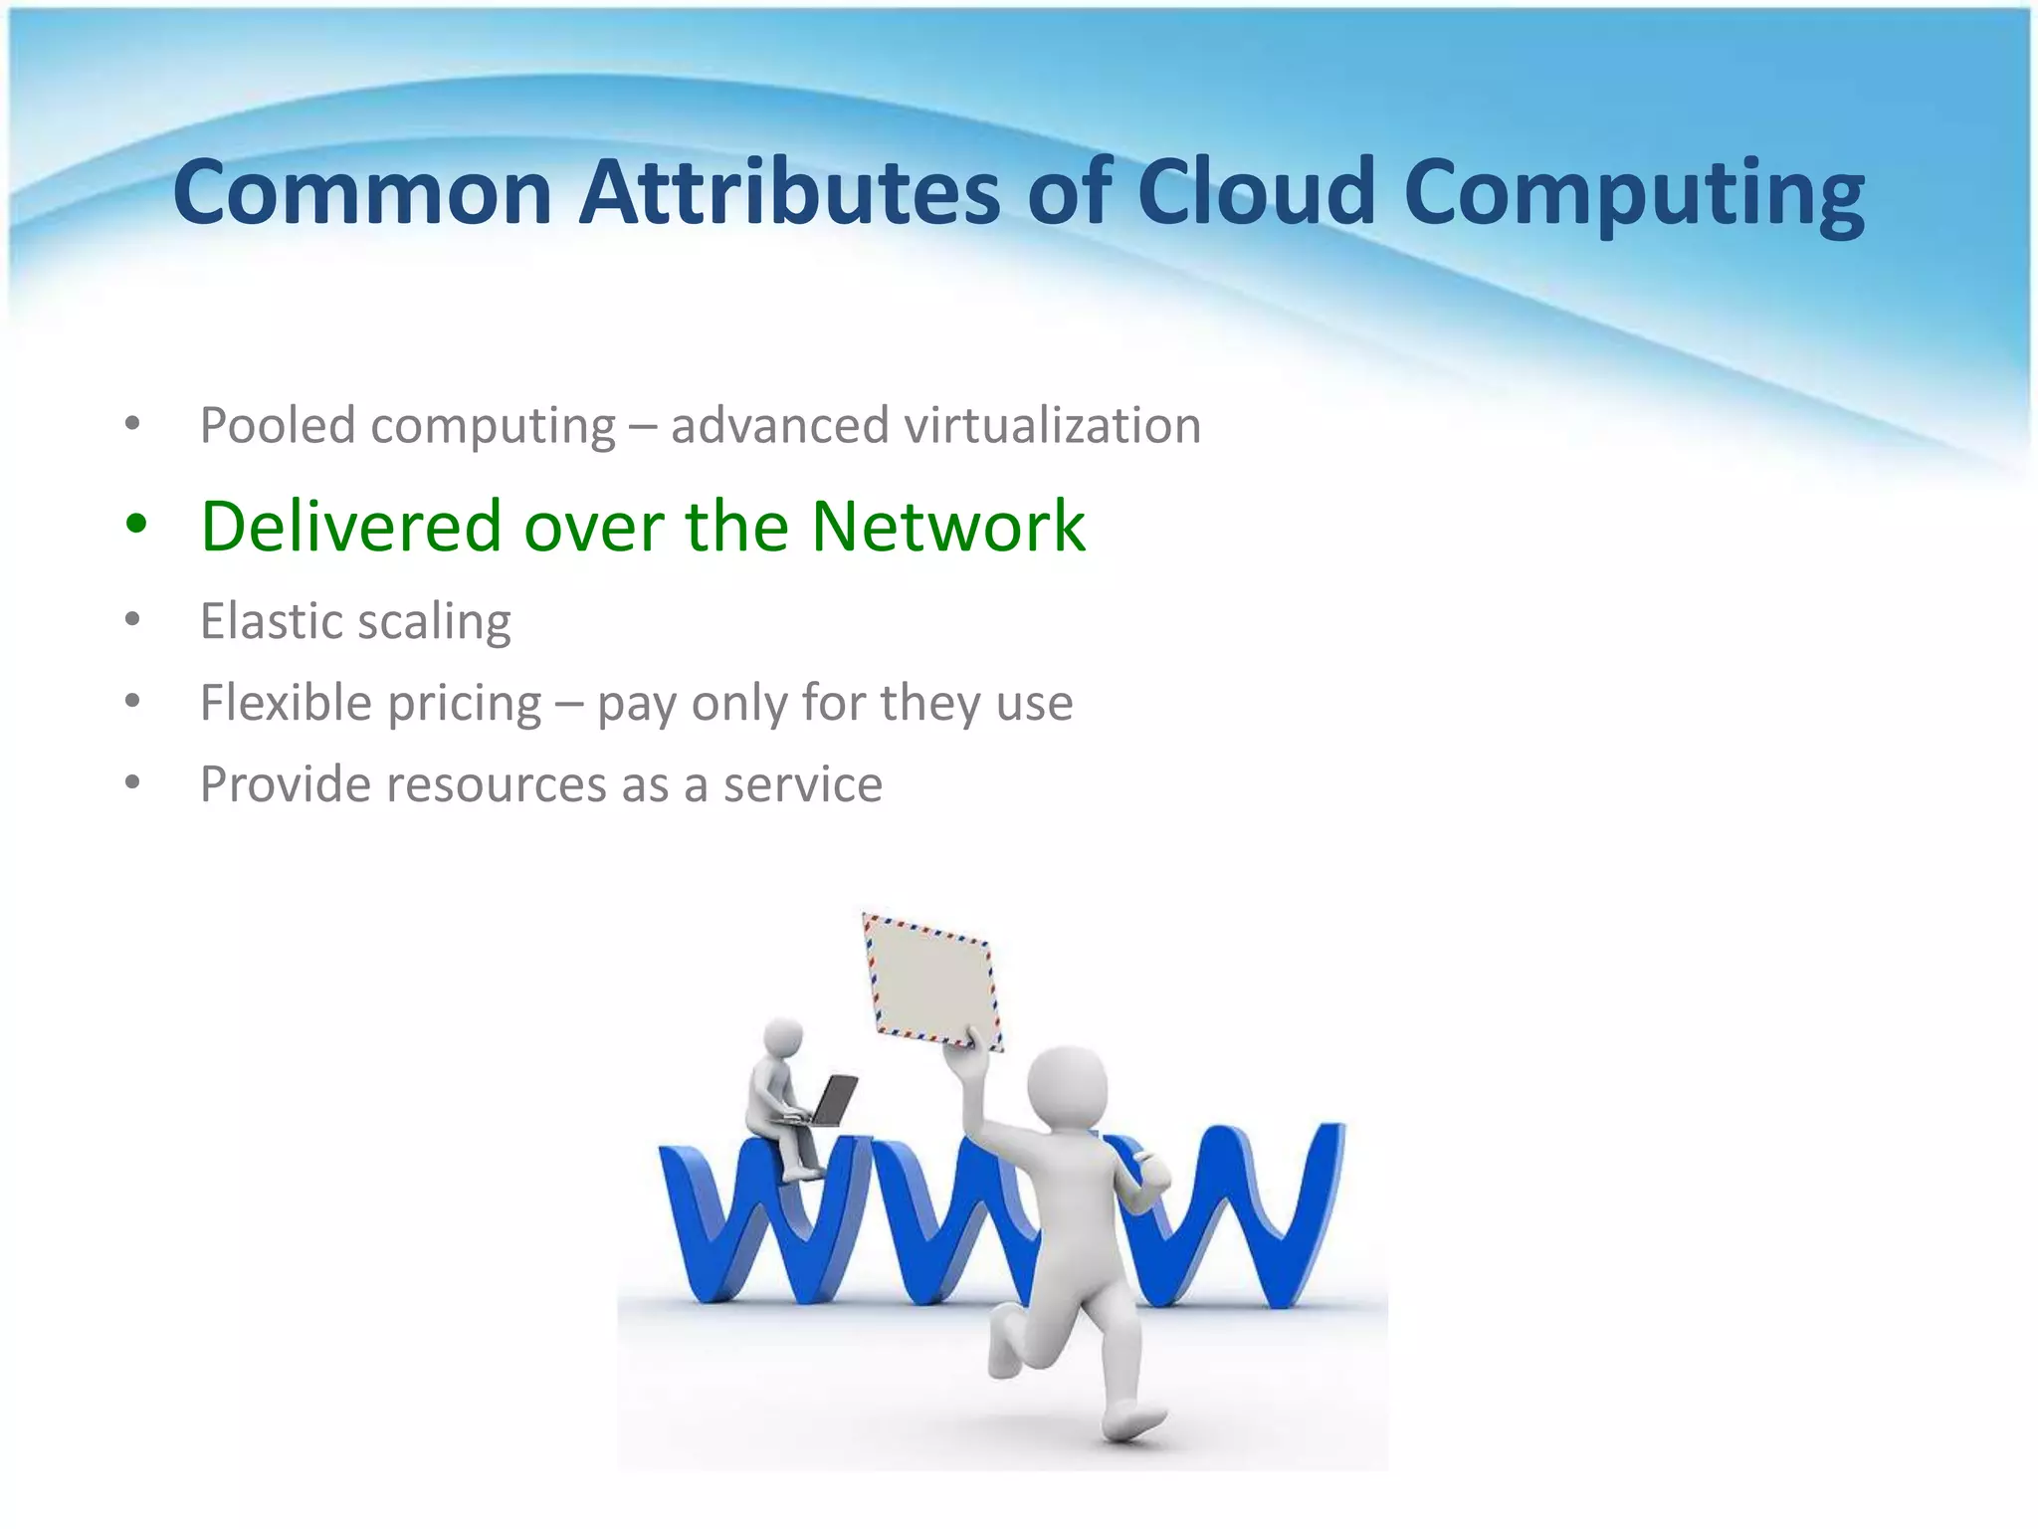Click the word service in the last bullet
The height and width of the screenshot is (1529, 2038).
point(802,784)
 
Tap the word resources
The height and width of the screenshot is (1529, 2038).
point(496,784)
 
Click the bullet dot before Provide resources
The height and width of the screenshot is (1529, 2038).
point(133,782)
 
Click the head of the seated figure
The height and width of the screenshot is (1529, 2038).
point(782,1038)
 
